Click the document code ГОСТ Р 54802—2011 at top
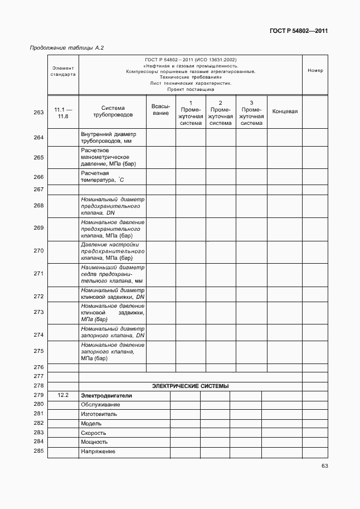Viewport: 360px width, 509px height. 299,31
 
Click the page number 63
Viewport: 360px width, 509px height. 324,466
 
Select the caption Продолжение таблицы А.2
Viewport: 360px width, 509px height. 66,48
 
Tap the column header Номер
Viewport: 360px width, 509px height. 315,71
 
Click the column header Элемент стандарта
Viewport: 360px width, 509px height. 63,71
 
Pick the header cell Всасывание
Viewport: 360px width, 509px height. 161,109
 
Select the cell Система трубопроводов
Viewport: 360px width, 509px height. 113,112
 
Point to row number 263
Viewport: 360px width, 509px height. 38,112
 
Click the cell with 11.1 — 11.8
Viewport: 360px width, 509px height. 62,112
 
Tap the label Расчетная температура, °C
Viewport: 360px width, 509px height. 102,177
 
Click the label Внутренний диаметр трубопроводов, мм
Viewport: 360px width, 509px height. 109,138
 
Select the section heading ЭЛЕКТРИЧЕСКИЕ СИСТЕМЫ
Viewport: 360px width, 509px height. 190,386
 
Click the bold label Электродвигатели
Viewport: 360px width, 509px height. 106,395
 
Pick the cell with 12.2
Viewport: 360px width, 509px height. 62,395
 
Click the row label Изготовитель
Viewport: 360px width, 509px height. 99,414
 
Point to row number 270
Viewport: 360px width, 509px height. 38,251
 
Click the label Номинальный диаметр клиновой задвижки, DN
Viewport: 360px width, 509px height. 113,294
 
